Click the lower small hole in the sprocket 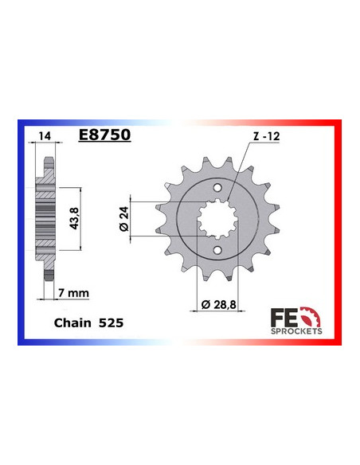click(217, 252)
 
